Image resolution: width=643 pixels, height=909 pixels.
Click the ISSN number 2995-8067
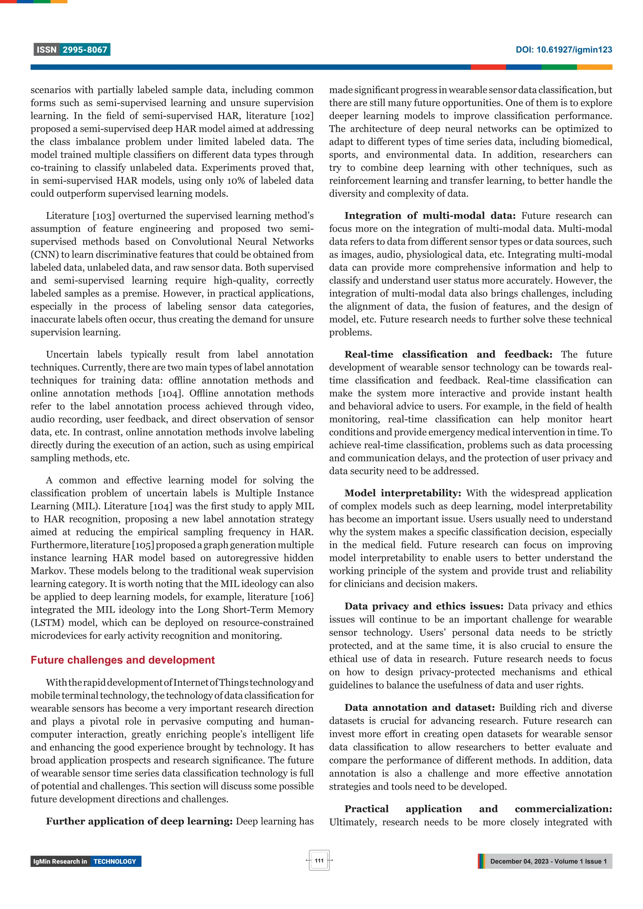(x=85, y=50)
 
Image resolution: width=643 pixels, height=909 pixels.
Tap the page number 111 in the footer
(x=319, y=860)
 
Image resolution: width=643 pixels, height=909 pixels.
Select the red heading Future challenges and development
(x=122, y=660)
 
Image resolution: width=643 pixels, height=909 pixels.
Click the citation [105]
(x=143, y=545)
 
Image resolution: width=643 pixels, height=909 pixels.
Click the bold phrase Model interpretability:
(x=403, y=493)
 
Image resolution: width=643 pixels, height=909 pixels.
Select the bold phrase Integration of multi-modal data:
(x=430, y=216)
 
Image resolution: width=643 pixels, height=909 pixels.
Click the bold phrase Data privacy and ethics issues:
(x=424, y=606)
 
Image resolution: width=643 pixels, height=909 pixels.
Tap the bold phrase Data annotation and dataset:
(x=419, y=708)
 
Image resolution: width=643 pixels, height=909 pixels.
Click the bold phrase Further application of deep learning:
(x=139, y=821)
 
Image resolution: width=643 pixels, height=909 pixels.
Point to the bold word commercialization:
(x=563, y=809)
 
